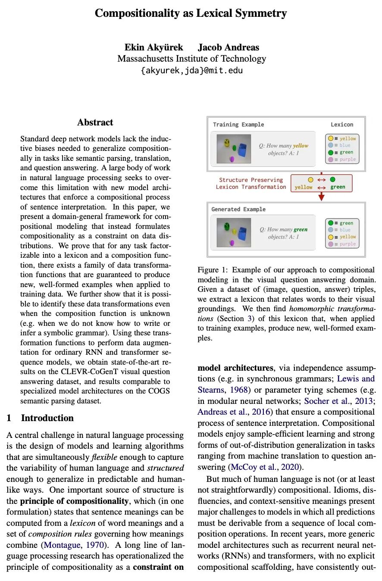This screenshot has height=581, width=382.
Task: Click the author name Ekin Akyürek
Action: (x=153, y=47)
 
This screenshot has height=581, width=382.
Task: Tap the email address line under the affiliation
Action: (x=191, y=70)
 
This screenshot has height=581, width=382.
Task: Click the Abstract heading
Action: (x=95, y=122)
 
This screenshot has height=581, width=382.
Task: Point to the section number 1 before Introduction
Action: (x=9, y=418)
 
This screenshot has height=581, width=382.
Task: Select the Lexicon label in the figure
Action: (x=341, y=125)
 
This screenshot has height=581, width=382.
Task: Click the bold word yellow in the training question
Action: (x=301, y=146)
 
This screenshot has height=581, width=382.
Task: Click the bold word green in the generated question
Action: (x=301, y=230)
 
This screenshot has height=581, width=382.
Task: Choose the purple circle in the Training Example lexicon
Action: (x=331, y=159)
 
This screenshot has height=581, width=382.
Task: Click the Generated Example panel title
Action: (x=238, y=209)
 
